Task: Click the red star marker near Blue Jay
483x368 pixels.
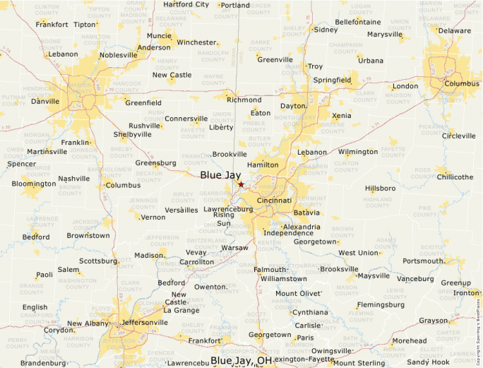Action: coord(241,184)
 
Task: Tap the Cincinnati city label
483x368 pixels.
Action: coord(274,201)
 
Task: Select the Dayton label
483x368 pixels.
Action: coord(293,106)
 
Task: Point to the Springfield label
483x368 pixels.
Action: coord(332,81)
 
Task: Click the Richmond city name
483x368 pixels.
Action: coord(244,100)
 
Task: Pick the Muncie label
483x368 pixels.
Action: coord(159,35)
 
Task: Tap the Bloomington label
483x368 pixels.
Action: coord(34,184)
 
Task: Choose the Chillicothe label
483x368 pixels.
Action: coord(455,177)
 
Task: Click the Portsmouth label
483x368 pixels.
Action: coord(423,261)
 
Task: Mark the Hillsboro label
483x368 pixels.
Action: coord(381,189)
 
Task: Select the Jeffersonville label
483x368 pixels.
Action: coord(145,322)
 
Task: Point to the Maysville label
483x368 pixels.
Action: coord(374,275)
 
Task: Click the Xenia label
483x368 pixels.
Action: coord(341,115)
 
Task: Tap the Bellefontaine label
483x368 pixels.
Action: coord(358,22)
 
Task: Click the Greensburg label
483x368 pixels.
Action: coord(155,163)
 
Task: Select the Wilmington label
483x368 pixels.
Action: coord(358,152)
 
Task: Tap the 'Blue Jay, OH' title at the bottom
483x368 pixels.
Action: coord(241,361)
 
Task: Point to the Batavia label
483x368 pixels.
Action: coord(306,212)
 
